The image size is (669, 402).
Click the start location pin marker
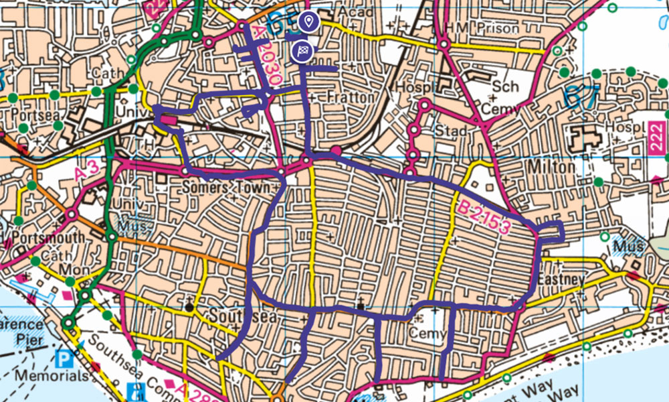point(308,22)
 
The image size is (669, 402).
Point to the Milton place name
point(551,166)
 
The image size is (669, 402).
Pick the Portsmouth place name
point(43,239)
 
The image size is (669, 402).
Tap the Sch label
point(501,88)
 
